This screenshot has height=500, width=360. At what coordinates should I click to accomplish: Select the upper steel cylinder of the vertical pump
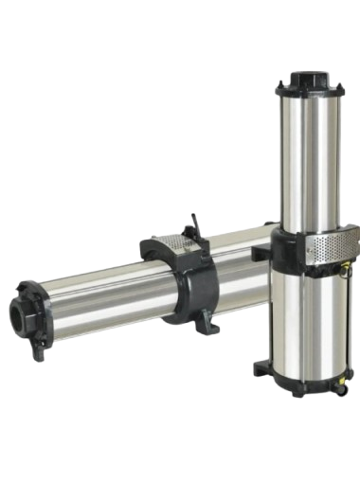pos(307,161)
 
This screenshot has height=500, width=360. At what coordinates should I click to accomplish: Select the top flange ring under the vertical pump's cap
pos(307,89)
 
